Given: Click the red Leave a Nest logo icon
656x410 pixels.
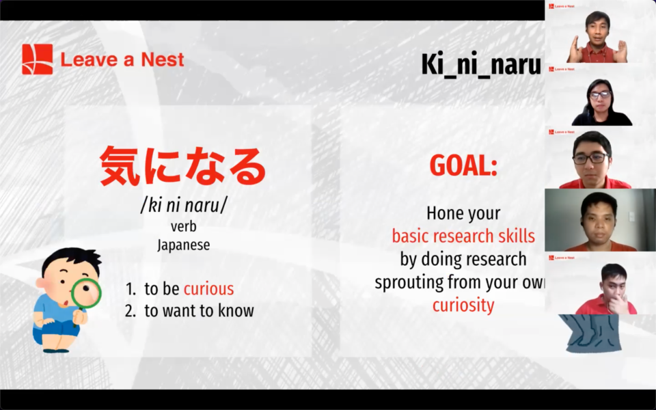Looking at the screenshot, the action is [x=38, y=59].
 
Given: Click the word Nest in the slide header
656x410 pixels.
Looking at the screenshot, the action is [x=163, y=59].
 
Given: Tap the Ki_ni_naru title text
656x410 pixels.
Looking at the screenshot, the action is [x=480, y=65].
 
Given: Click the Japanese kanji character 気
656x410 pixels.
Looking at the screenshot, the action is [x=120, y=167].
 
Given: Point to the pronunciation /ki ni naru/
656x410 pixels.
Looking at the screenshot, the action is [x=184, y=205].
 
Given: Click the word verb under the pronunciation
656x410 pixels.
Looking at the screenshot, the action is [x=184, y=226].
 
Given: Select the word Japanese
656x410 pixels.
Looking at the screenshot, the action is [x=184, y=245].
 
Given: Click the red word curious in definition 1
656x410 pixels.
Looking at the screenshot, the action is [x=209, y=288].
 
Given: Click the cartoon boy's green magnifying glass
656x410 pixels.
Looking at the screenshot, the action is [x=86, y=293].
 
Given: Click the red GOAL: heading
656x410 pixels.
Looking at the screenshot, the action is [x=463, y=165].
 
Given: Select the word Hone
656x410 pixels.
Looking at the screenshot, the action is [x=444, y=213].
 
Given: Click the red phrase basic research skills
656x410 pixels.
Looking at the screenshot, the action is [x=463, y=236].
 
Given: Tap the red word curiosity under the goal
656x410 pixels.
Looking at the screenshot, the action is [x=463, y=305].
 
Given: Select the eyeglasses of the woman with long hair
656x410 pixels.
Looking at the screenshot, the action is [x=600, y=94].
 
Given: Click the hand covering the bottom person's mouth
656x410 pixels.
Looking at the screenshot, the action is [x=618, y=303].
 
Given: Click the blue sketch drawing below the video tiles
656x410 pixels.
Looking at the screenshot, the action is [x=590, y=333].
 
